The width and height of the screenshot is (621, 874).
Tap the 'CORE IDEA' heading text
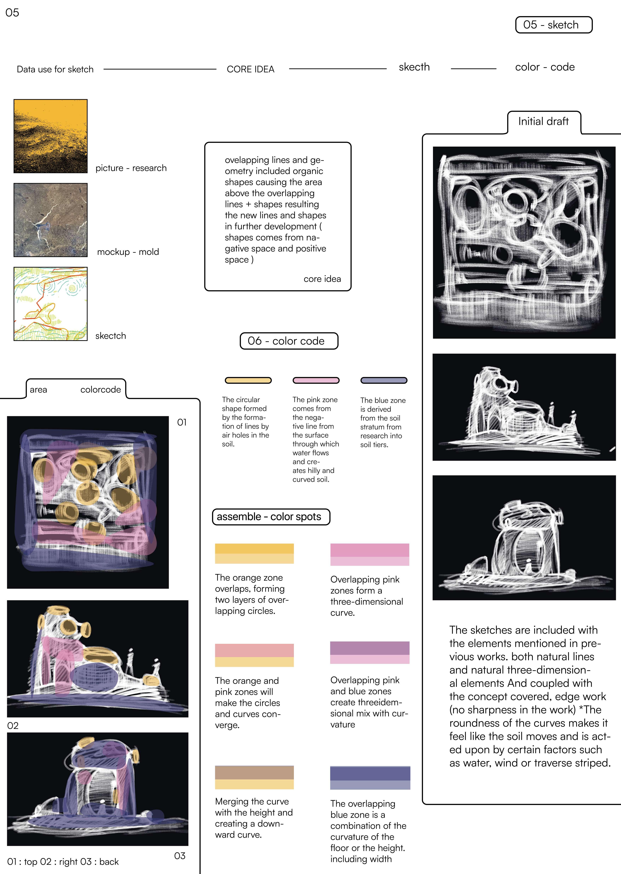[x=251, y=69]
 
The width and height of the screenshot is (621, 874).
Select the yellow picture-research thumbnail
[x=50, y=136]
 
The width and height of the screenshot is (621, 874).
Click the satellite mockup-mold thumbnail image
[x=50, y=220]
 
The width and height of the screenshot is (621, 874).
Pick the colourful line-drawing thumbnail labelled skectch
[x=50, y=304]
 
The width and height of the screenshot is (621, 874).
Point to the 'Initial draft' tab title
[x=543, y=122]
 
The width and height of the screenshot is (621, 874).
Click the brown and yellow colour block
[x=254, y=777]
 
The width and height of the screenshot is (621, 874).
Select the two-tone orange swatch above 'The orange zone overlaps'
[x=254, y=553]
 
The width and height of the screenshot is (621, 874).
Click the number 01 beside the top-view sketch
[x=182, y=422]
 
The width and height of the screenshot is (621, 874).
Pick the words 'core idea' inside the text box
[x=322, y=279]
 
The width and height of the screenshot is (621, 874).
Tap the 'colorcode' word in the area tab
[x=100, y=390]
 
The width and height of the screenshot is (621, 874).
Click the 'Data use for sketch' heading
[x=55, y=69]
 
